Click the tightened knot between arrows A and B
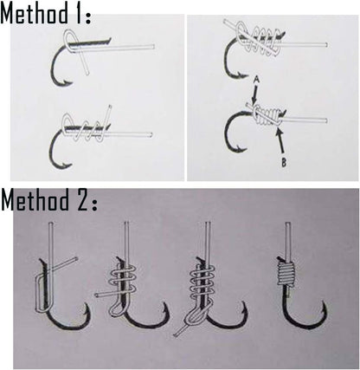click(x=268, y=115)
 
